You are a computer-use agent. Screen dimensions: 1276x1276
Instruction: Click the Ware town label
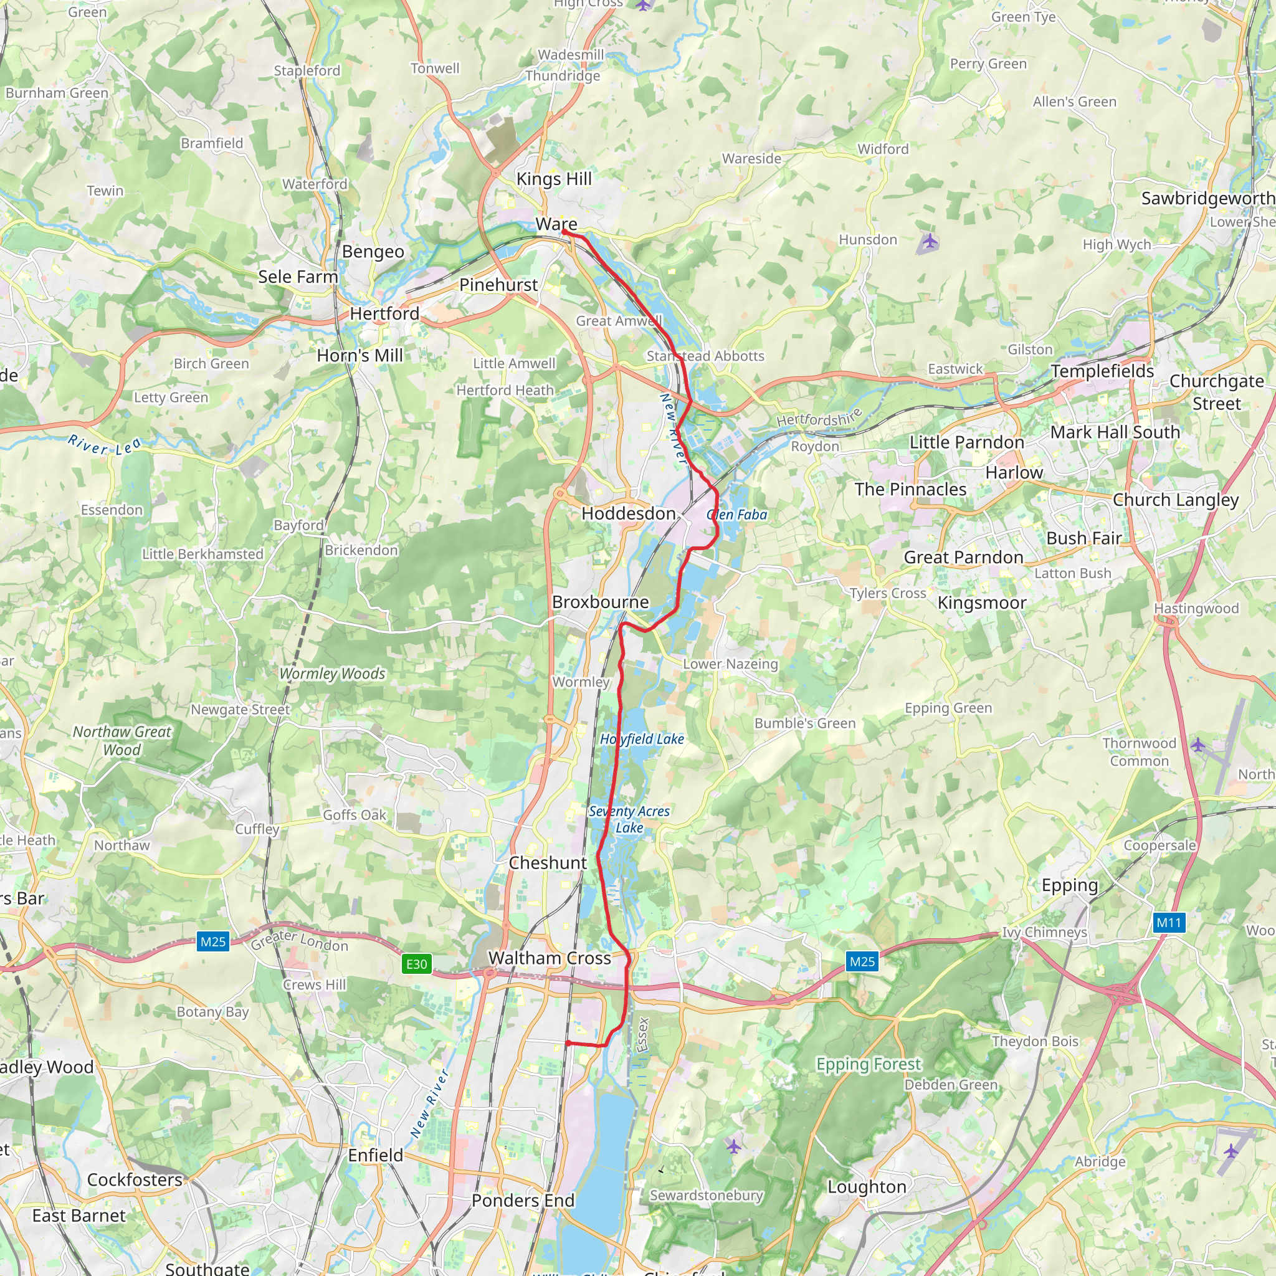[x=556, y=224]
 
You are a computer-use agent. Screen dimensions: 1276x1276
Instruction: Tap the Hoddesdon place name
[x=628, y=513]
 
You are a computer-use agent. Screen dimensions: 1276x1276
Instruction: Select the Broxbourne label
[x=601, y=602]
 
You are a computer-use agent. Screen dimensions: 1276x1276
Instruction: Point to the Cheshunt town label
[x=548, y=862]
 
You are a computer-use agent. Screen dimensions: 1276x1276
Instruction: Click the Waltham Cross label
[x=550, y=958]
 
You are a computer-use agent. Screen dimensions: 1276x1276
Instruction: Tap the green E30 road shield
[x=417, y=964]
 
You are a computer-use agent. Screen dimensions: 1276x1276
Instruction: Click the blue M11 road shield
[x=1168, y=922]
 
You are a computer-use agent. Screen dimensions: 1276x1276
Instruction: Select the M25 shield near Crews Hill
[x=212, y=941]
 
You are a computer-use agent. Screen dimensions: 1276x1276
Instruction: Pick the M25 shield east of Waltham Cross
[x=862, y=961]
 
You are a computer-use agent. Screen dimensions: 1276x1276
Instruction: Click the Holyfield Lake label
[x=641, y=739]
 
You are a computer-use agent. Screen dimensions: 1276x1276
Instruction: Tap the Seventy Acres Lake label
[x=629, y=819]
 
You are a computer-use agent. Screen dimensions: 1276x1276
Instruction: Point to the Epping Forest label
[x=869, y=1064]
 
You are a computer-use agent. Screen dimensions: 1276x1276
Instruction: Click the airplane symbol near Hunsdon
[x=929, y=241]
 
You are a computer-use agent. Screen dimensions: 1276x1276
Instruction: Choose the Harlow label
[x=1014, y=473]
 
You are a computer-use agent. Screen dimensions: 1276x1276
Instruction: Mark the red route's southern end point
[x=568, y=1043]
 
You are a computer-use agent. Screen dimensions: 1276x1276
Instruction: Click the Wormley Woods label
[x=332, y=674]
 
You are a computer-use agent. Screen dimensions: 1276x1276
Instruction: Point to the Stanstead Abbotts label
[x=705, y=356]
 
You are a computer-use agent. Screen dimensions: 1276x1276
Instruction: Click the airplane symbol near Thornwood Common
[x=1198, y=745]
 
